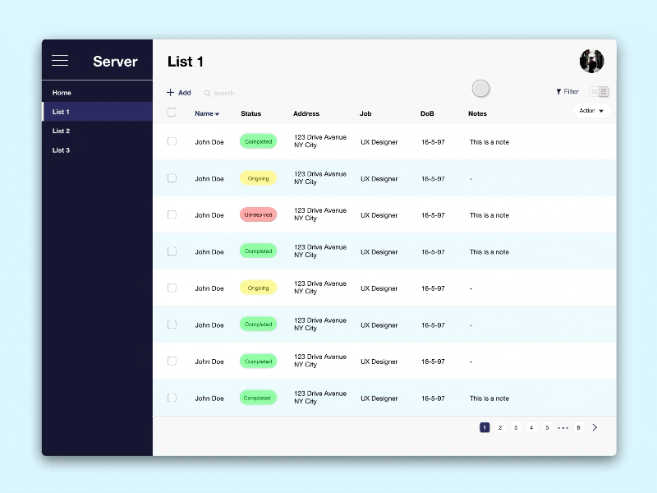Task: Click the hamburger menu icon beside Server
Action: coord(60,61)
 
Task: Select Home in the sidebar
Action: coord(62,93)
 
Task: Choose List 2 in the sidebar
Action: coord(61,131)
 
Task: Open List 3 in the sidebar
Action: coord(61,150)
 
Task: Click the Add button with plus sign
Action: coord(179,93)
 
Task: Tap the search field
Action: coord(238,94)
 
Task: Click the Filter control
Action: coord(567,92)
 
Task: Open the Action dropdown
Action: coord(591,111)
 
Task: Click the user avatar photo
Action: coord(591,61)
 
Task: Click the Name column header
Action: coord(206,113)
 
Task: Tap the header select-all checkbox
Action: coord(172,113)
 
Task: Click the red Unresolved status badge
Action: coord(258,214)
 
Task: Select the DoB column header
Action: coord(427,113)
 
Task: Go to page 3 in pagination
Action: coord(516,427)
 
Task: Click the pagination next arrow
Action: coord(595,427)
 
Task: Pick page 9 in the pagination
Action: coord(578,427)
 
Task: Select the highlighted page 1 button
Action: coord(485,427)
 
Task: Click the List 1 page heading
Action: coord(186,62)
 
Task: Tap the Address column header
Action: coord(306,113)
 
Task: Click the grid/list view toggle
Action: coord(600,92)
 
